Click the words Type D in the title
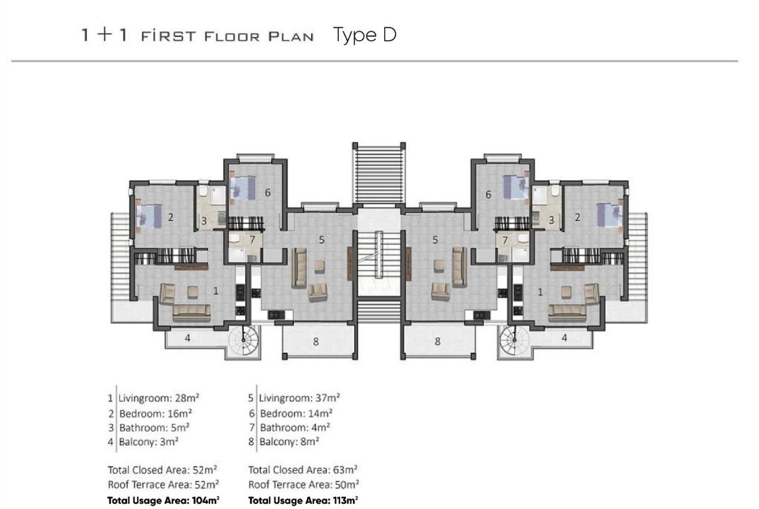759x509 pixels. click(x=365, y=35)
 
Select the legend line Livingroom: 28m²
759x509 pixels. click(x=159, y=398)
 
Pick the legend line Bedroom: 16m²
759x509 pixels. click(x=156, y=413)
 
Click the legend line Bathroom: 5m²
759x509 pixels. click(x=154, y=428)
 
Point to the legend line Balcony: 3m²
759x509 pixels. click(x=149, y=442)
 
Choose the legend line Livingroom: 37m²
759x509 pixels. click(x=299, y=398)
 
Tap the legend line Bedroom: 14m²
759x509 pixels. click(x=296, y=413)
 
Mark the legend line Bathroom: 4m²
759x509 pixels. click(x=295, y=428)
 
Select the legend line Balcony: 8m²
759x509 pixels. click(x=289, y=442)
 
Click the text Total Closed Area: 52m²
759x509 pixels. click(x=162, y=470)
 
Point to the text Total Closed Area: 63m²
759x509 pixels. click(x=303, y=470)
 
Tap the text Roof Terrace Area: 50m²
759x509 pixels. click(x=304, y=485)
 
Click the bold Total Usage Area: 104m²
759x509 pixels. click(x=163, y=501)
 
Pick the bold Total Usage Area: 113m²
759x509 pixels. click(x=303, y=501)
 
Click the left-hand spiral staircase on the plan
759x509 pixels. click(x=243, y=340)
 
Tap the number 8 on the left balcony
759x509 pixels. click(x=316, y=342)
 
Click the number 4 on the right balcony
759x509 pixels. click(x=564, y=338)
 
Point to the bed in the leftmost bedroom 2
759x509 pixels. click(x=149, y=215)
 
